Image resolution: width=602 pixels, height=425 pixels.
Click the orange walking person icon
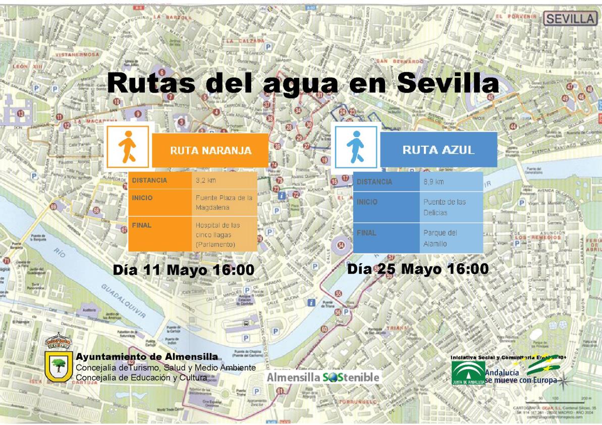point(127,146)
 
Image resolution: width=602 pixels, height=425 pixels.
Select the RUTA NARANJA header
point(210,150)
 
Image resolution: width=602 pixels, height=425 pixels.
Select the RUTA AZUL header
point(438,150)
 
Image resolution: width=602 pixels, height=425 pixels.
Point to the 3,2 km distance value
point(205,180)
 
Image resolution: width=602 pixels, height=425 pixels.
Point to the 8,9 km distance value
point(433,181)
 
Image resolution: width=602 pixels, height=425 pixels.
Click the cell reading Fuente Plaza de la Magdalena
point(224,203)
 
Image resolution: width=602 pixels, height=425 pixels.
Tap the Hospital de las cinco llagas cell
point(224,234)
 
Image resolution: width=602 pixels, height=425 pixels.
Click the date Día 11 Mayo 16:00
point(184,270)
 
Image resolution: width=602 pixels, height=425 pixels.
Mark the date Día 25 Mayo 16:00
point(418,269)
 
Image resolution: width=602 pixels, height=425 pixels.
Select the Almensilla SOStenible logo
point(323,377)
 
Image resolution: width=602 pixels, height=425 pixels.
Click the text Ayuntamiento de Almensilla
point(147,357)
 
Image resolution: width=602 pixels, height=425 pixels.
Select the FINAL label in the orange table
point(142,225)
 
